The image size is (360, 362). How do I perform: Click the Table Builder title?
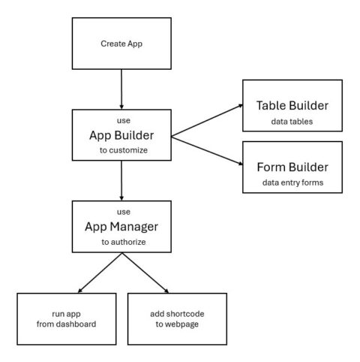292,106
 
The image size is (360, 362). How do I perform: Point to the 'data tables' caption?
292,120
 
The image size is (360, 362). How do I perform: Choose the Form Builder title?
292,167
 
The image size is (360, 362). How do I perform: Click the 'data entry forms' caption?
292,183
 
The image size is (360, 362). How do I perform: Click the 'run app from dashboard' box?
67,318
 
